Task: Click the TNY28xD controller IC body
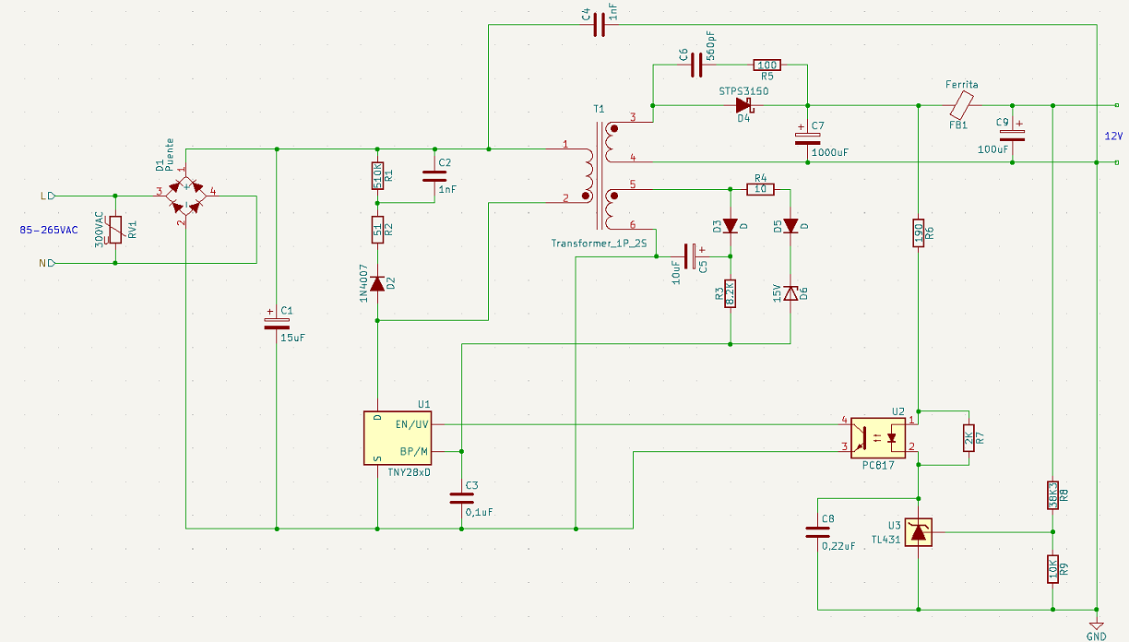point(398,438)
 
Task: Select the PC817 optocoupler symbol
point(878,438)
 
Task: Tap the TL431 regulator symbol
point(919,532)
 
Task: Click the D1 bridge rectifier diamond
point(186,196)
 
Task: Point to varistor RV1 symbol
point(115,230)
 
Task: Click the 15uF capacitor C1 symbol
point(277,324)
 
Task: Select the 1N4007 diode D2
point(377,284)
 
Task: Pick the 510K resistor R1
point(377,176)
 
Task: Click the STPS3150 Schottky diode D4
point(744,105)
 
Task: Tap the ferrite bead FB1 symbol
point(962,104)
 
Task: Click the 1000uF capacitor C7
point(807,138)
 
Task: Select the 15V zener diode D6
point(790,292)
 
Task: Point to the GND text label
point(1096,636)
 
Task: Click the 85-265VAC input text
point(49,230)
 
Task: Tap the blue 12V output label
point(1113,137)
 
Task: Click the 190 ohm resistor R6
point(919,232)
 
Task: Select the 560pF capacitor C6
point(696,65)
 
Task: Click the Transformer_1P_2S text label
point(599,244)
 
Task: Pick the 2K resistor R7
point(969,438)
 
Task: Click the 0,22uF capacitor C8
point(817,532)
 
